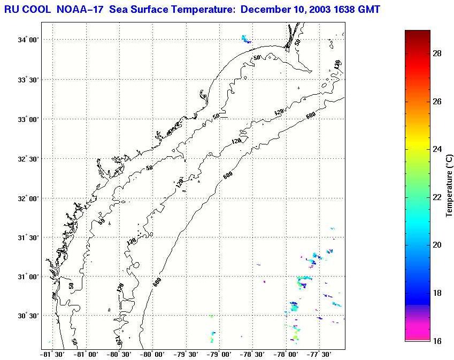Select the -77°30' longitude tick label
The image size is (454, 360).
pyautogui.click(x=319, y=354)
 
